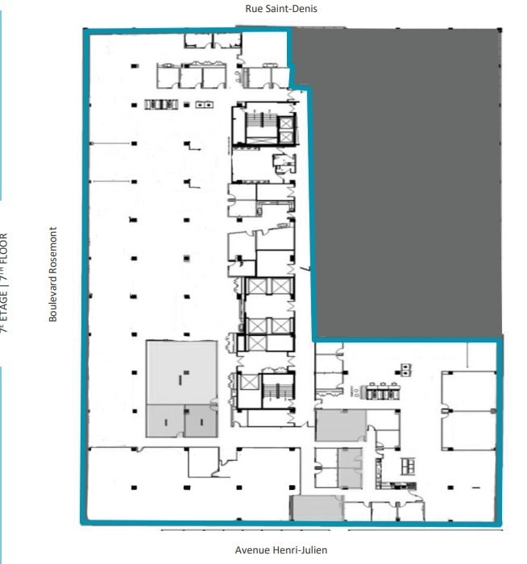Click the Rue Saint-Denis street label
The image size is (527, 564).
[281, 9]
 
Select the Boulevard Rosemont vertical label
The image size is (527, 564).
[53, 274]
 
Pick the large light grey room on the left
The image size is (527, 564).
[181, 371]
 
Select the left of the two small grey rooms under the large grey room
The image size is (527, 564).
[164, 421]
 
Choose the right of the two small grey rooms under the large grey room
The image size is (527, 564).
[200, 421]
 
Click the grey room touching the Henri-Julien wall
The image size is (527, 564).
[317, 508]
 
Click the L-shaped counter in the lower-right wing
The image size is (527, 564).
[397, 487]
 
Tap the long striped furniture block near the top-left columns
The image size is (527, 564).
[160, 104]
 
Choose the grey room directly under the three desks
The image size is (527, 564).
[340, 425]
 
